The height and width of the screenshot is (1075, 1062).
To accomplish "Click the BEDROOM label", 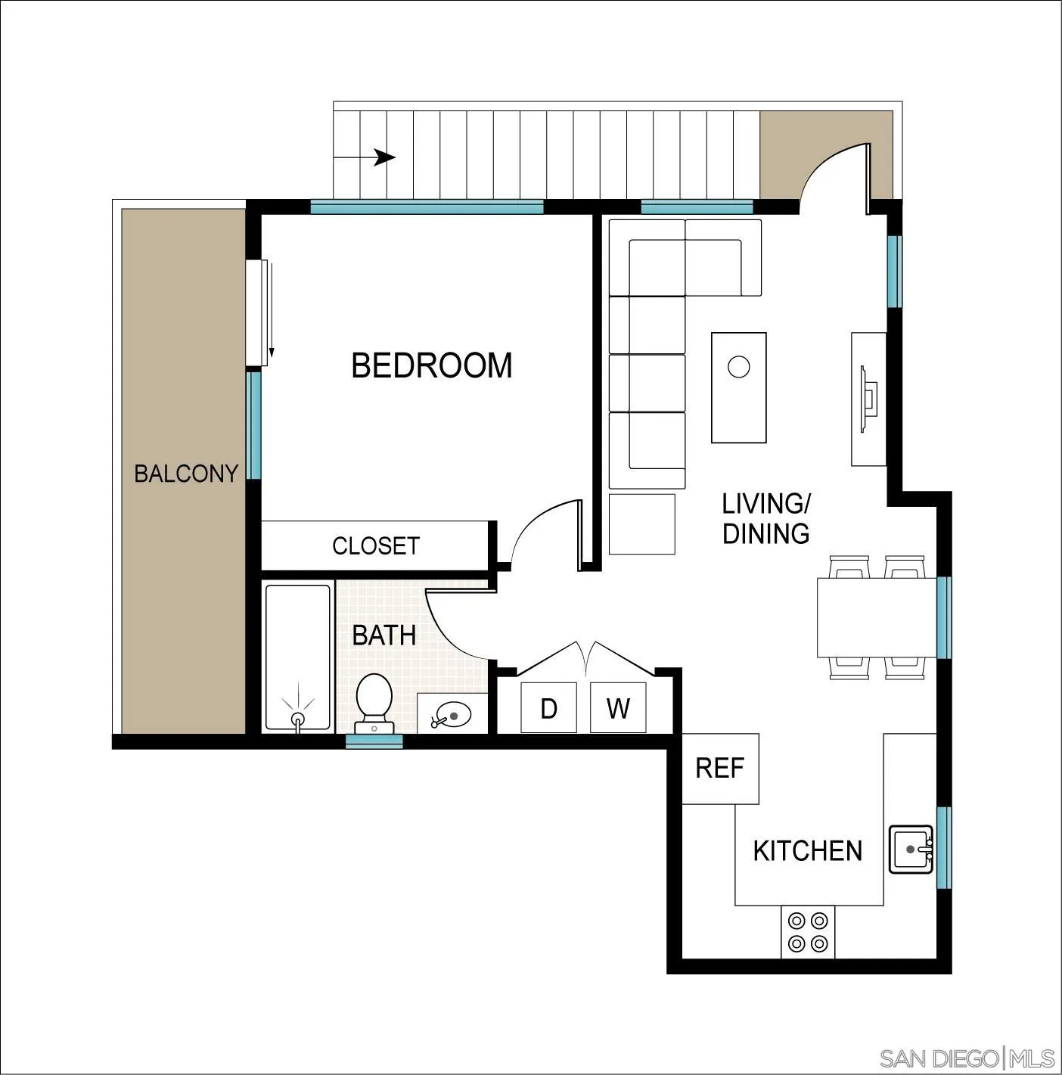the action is pos(431,365).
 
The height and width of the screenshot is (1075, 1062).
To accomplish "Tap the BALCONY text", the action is pos(186,474).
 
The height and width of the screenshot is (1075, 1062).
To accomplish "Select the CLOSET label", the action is pos(375,545).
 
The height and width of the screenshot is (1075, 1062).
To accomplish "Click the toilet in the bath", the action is pos(374,701).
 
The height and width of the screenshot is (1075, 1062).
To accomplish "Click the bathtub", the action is pos(298,657).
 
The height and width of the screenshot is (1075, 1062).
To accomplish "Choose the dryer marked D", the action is pos(548,708).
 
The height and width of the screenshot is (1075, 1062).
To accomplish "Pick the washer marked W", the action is pos(618,708).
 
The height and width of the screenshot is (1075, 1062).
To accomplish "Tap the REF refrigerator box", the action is pos(720,768).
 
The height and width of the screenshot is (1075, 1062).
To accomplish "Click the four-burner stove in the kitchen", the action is pos(808,932).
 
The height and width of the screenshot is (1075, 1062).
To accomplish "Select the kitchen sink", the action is pos(911,849).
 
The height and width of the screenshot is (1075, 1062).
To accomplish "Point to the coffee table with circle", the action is pos(738,387).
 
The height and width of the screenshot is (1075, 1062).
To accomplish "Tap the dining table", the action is pos(877,617).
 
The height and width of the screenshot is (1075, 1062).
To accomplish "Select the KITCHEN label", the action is pos(807,851).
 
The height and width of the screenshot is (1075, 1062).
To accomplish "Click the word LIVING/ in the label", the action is pos(765,503).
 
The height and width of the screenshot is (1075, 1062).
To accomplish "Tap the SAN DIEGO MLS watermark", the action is pos(967,1057).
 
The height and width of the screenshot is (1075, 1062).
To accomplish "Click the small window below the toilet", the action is pos(374,741).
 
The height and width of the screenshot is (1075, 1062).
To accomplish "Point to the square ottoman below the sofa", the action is pos(641,524).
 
